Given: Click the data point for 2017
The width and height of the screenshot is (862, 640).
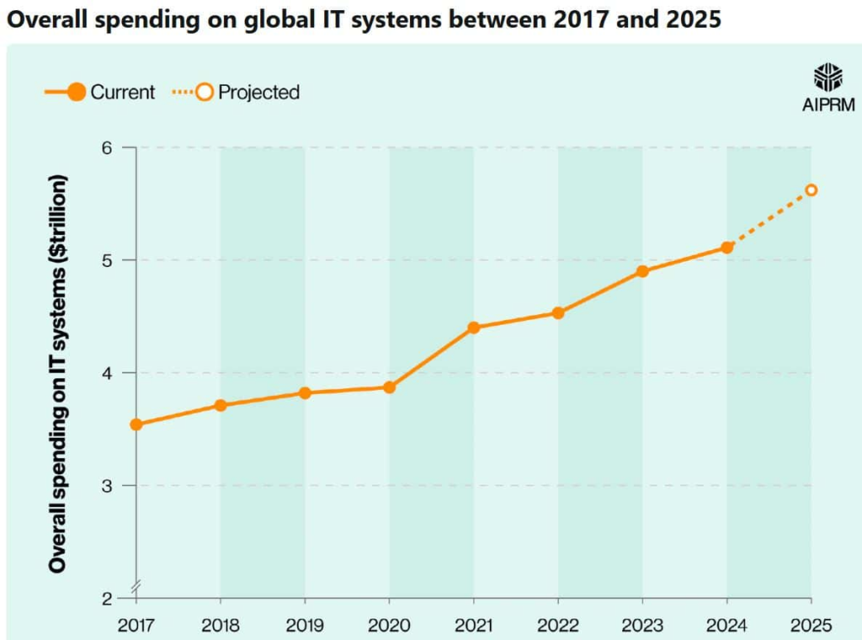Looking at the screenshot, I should coord(136,424).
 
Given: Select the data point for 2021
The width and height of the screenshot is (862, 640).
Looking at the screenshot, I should coord(473,328).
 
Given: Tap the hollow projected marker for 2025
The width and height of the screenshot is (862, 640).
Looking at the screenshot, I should coord(811,190).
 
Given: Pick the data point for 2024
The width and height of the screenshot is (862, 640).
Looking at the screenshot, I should coord(727,248).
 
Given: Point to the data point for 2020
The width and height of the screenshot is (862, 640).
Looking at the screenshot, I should coord(389,387).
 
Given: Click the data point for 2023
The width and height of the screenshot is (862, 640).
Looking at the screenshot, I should coord(642,271).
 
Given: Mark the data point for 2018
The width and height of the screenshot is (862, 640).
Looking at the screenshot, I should coord(220,405).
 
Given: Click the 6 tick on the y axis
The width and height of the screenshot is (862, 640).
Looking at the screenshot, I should coord(106,147).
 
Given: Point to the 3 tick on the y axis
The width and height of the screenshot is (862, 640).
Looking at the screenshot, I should coord(106,486).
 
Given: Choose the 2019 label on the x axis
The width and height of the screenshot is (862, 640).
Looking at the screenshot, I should coord(305,625).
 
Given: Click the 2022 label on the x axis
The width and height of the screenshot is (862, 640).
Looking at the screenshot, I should coord(558,625).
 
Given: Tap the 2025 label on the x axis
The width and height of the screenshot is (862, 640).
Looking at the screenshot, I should coord(811,625).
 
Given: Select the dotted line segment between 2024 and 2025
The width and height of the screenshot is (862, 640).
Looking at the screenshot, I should coord(769,219).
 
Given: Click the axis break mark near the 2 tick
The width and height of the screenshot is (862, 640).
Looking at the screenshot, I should coord(134,586).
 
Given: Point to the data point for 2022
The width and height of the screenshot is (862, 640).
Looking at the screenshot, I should coord(558,313).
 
